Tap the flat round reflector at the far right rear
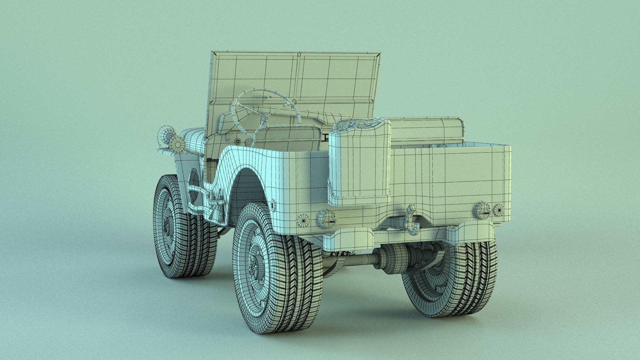(x=498, y=210)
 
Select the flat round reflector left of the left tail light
(x=304, y=220)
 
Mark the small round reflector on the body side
(x=273, y=205)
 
